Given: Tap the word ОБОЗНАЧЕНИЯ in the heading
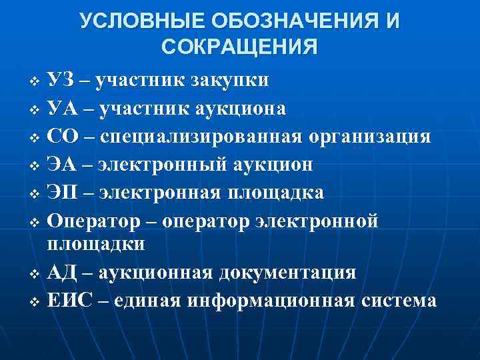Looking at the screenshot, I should coord(280,21).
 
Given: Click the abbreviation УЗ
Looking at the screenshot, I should coord(61,80).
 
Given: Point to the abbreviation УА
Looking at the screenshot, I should coord(62,108).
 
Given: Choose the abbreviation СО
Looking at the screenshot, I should coord(64,136).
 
